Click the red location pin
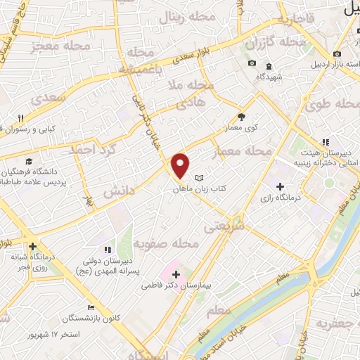[181, 165]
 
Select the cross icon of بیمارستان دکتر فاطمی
[175, 274]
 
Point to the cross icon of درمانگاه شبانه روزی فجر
[32, 246]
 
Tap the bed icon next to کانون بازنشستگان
[90, 307]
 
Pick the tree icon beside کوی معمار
[242, 117]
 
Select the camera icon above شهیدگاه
[252, 65]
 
